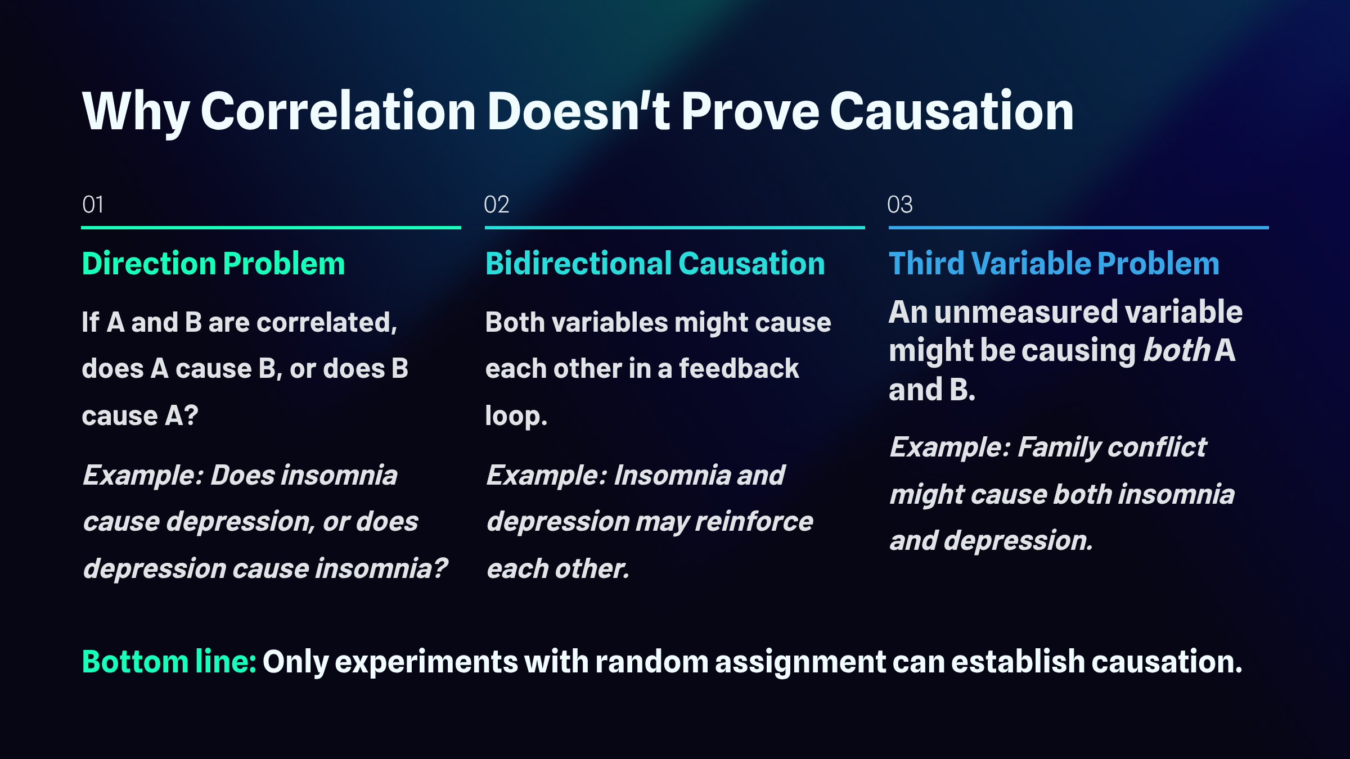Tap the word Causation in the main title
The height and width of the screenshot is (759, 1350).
[x=952, y=111]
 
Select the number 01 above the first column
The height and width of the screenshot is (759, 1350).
[x=93, y=205]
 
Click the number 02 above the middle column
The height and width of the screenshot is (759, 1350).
[x=497, y=205]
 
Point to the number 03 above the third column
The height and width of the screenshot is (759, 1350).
[x=900, y=205]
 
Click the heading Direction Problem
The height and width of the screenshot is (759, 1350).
[x=214, y=264]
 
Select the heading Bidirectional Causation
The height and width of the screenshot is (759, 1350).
[x=655, y=264]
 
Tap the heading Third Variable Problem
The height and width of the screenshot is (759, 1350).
[x=1054, y=264]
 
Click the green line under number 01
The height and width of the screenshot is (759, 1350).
[x=271, y=228]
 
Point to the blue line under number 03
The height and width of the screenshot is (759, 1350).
[x=1079, y=228]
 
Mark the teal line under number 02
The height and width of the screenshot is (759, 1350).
[x=675, y=228]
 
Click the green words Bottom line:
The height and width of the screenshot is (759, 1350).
[x=169, y=662]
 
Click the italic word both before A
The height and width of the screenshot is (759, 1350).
[x=1177, y=350]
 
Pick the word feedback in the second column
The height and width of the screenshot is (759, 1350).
[x=739, y=369]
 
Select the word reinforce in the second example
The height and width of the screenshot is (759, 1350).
[x=754, y=522]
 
